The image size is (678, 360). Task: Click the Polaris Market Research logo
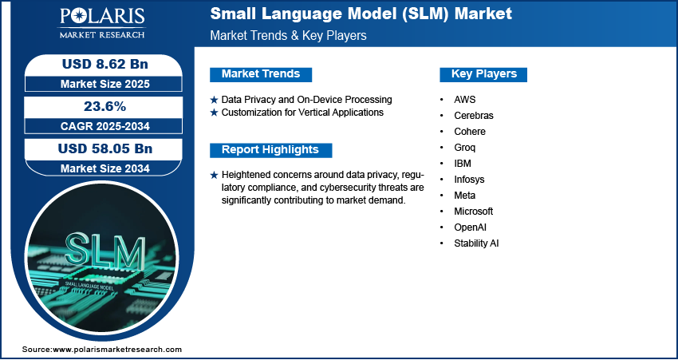point(102,23)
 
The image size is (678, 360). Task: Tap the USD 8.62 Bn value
point(105,64)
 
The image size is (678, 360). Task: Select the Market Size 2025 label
point(105,84)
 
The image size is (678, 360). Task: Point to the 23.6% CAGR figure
point(105,106)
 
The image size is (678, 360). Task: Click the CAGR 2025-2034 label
point(105,126)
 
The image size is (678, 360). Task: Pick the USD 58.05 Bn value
point(105,148)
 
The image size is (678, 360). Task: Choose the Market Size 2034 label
point(105,168)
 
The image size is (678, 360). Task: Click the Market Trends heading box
point(261,74)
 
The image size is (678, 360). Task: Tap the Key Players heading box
point(483,74)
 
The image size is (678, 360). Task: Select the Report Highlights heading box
point(270,150)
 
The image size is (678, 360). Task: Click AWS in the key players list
point(464,100)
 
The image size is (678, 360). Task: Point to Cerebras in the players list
point(474,116)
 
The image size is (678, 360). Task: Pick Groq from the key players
point(465,148)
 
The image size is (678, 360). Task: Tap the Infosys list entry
point(469,180)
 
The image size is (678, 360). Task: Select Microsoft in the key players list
point(474,212)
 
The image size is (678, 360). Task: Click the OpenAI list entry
point(470,227)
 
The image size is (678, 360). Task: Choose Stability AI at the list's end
point(476,243)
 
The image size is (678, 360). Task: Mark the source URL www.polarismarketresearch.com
point(117,350)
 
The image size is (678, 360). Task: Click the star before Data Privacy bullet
point(214,100)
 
